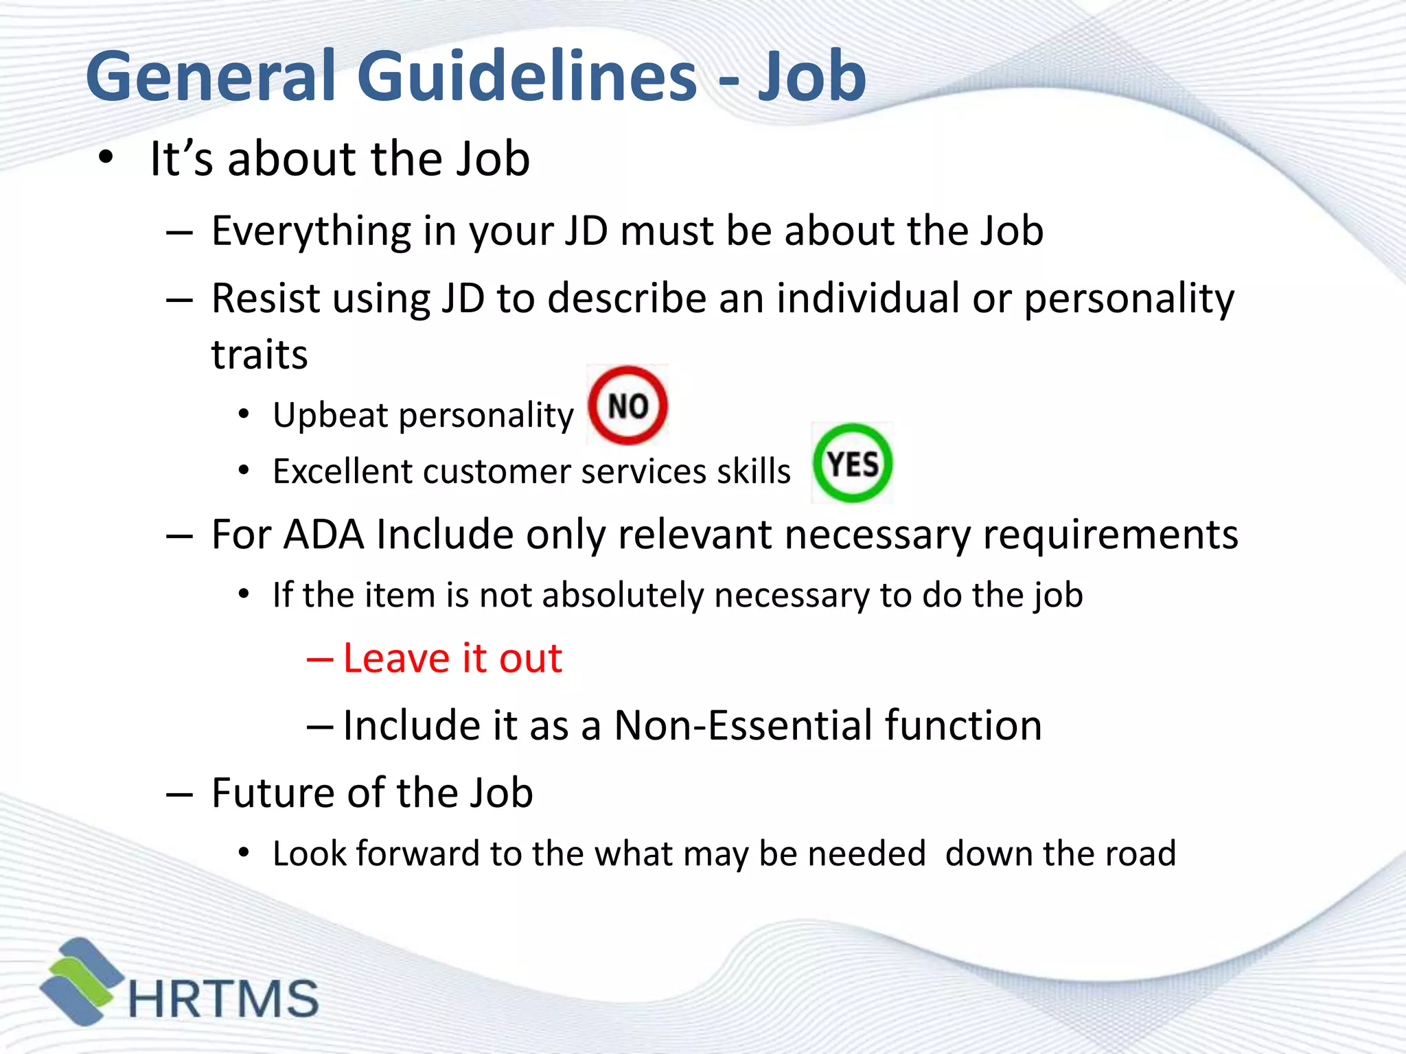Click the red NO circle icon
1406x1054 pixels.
coord(627,405)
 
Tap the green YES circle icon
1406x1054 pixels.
coord(852,463)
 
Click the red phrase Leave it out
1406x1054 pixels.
coord(452,659)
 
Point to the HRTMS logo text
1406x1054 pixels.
coord(224,998)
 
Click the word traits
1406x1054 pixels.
coord(260,355)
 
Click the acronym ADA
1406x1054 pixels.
coord(323,535)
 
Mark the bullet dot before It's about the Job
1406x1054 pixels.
coord(105,158)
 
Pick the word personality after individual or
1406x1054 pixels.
coord(1129,300)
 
